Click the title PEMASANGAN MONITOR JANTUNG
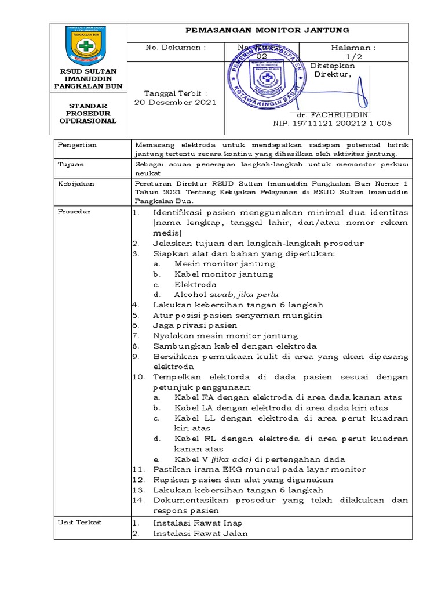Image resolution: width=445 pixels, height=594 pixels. point(267,31)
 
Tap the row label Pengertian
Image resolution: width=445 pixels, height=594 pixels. point(78,145)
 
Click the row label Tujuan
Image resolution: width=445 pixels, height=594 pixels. point(71,165)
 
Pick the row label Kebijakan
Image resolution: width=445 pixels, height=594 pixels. point(75,184)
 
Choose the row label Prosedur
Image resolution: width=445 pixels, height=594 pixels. point(74,212)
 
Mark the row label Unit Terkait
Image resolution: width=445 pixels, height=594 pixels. point(80,522)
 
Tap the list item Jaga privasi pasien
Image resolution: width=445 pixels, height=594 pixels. point(195,325)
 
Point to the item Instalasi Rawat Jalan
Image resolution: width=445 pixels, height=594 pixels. point(200,534)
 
